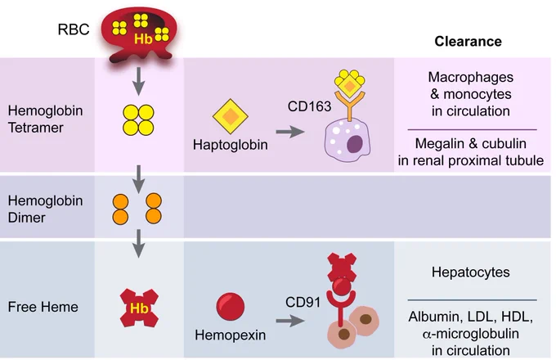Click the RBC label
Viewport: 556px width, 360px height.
pyautogui.click(x=74, y=29)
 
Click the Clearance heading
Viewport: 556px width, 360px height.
pyautogui.click(x=468, y=42)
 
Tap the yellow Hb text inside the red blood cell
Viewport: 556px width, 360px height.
pyautogui.click(x=143, y=38)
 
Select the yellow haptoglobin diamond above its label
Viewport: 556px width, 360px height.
pyautogui.click(x=230, y=116)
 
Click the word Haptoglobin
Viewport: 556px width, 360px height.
pyautogui.click(x=230, y=145)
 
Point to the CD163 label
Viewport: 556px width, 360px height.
pyautogui.click(x=309, y=106)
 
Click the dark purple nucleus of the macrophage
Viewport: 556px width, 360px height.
pyautogui.click(x=354, y=144)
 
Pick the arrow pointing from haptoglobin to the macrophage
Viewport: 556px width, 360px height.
pyautogui.click(x=290, y=132)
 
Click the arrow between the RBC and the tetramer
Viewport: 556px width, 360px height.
pyautogui.click(x=139, y=81)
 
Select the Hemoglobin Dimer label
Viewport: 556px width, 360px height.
pyautogui.click(x=45, y=209)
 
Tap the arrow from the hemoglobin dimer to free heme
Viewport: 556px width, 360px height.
pyautogui.click(x=139, y=243)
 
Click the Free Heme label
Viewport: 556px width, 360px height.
pyautogui.click(x=43, y=307)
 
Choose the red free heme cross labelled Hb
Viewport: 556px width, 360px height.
pyautogui.click(x=139, y=308)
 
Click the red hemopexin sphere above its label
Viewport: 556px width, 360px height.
pyautogui.click(x=230, y=307)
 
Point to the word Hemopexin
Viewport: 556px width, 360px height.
pyautogui.click(x=230, y=335)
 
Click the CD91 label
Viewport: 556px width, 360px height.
pyautogui.click(x=303, y=302)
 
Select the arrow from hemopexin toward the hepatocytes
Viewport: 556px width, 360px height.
pyautogui.click(x=290, y=321)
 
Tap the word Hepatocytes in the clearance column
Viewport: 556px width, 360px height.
pyautogui.click(x=470, y=272)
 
